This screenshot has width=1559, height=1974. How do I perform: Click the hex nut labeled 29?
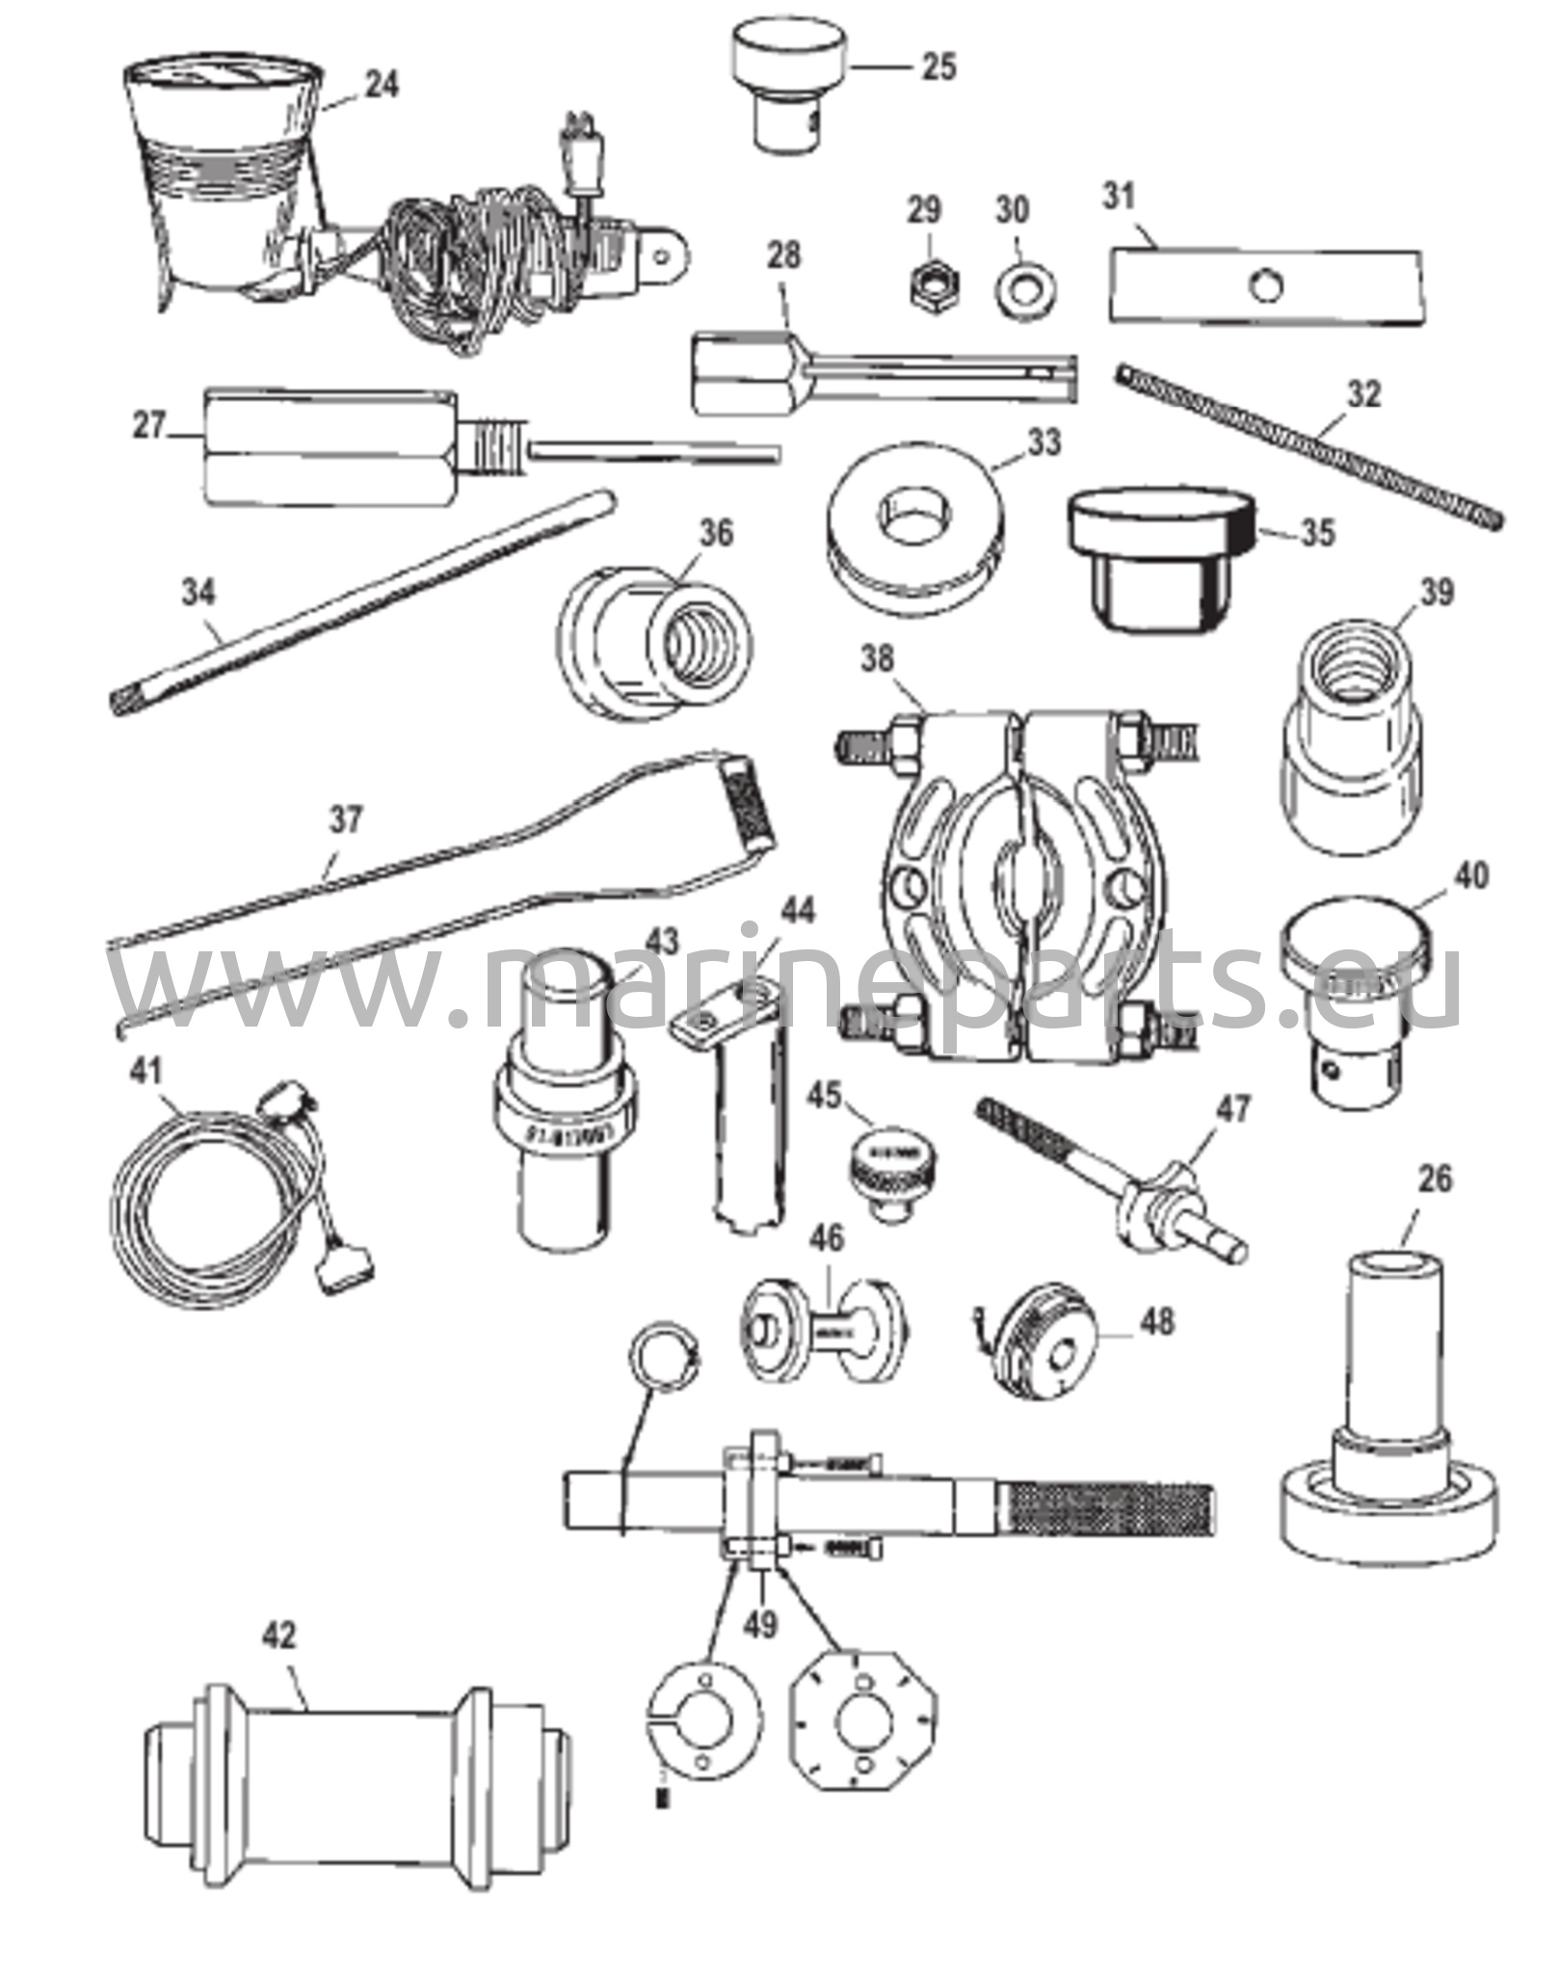point(925,285)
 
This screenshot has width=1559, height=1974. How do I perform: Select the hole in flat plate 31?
point(1265,285)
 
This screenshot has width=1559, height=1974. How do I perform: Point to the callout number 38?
point(879,659)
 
